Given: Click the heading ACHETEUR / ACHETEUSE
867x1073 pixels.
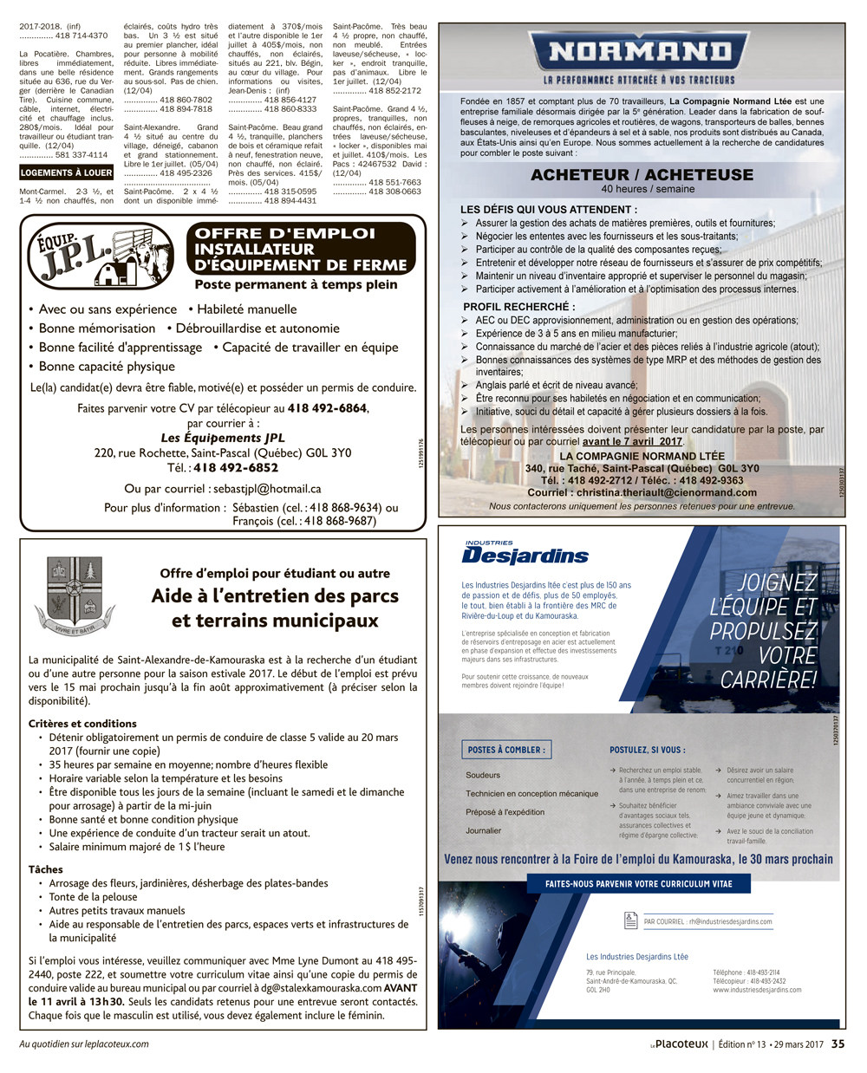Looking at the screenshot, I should [642, 174].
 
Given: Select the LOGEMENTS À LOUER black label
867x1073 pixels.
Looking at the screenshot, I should [67, 172].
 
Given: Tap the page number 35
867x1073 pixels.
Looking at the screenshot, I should [838, 1044].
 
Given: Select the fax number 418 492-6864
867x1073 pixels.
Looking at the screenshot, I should [327, 408].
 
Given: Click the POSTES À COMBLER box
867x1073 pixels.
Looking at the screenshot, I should [506, 750].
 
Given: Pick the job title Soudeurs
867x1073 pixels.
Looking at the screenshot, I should [483, 775].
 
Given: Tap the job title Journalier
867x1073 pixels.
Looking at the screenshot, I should [484, 830].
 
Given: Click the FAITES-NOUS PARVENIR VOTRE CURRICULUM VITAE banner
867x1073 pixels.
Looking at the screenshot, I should [638, 884].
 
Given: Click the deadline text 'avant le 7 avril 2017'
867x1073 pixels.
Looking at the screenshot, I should [633, 441].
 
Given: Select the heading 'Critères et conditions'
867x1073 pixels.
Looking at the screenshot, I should [82, 724].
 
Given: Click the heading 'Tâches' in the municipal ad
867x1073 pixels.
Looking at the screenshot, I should [45, 869].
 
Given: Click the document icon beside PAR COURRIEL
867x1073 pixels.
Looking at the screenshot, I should [631, 920].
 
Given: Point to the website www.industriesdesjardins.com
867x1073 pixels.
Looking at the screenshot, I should [757, 990].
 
